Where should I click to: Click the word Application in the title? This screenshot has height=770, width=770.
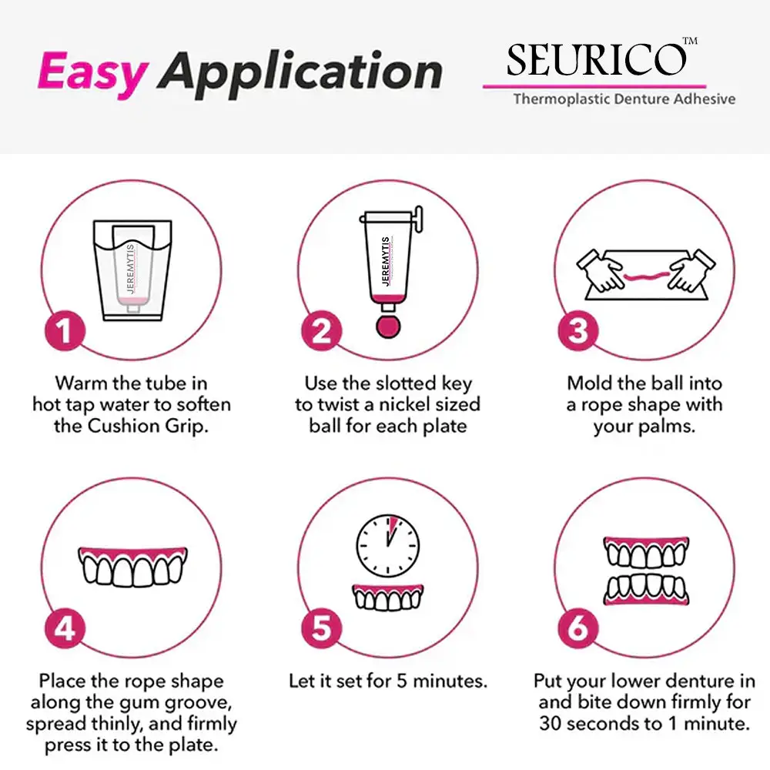300,73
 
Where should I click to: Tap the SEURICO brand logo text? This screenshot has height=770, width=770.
595,60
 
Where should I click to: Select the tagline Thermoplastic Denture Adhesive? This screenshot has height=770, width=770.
624,99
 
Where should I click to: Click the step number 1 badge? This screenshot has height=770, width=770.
65,330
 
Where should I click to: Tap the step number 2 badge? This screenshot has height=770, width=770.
321,330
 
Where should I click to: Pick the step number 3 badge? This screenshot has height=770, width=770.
577,330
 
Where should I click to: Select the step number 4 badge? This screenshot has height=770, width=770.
65,628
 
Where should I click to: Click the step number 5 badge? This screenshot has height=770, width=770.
321,628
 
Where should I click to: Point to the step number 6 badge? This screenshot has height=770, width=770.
577,628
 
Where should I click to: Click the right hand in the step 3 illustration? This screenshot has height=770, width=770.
690,269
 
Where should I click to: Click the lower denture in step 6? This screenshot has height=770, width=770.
645,589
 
